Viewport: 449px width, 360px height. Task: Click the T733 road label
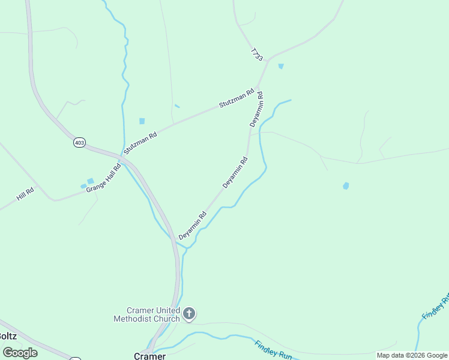point(257,54)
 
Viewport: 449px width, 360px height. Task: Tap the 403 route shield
point(79,142)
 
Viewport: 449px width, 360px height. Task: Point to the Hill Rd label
point(25,193)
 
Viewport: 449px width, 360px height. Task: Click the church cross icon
point(189,313)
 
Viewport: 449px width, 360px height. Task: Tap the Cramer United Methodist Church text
point(146,314)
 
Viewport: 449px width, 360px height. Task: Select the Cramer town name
point(149,356)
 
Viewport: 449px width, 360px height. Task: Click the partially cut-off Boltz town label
point(8,337)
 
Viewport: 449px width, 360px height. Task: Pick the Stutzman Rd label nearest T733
point(237,98)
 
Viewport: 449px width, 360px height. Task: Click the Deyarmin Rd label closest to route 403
point(192,226)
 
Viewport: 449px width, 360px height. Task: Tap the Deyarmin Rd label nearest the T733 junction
point(256,109)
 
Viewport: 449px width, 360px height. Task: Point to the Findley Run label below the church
point(273,350)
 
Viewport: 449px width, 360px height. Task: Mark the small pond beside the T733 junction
point(281,66)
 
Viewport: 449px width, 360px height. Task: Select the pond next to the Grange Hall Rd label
point(90,181)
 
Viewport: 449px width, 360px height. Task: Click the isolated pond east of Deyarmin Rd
point(346,186)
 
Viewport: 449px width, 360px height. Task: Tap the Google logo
point(20,352)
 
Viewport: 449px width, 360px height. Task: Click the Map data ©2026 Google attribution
point(412,355)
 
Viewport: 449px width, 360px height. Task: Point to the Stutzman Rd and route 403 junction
point(123,156)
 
